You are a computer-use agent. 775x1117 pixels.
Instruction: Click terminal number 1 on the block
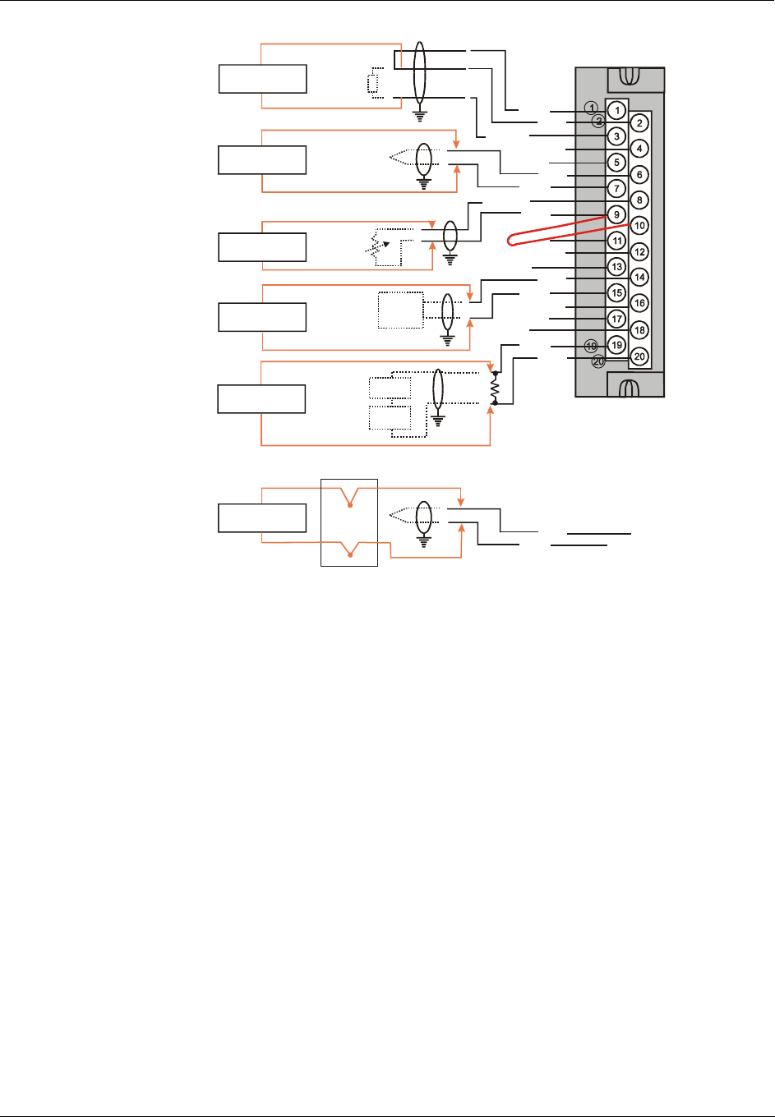click(616, 110)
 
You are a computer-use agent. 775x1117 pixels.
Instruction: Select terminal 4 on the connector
click(639, 149)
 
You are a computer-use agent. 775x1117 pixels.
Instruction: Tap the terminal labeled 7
click(616, 188)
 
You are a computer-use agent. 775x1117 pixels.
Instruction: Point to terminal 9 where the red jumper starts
click(616, 214)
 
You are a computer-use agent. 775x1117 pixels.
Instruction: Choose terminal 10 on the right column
click(639, 226)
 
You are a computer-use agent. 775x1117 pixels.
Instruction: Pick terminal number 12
click(639, 252)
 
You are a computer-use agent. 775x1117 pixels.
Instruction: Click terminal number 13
click(616, 267)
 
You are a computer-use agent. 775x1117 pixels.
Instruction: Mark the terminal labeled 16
click(639, 303)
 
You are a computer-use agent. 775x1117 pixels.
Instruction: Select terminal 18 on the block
click(639, 330)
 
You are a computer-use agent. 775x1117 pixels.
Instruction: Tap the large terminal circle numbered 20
click(639, 356)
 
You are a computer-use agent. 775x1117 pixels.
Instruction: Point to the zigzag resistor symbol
click(495, 388)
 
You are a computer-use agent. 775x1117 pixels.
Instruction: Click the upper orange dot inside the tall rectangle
click(351, 506)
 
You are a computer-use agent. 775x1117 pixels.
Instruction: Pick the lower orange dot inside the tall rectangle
click(351, 556)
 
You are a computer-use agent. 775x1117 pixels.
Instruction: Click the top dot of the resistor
click(495, 373)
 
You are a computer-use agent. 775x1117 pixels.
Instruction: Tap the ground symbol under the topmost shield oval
click(420, 115)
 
